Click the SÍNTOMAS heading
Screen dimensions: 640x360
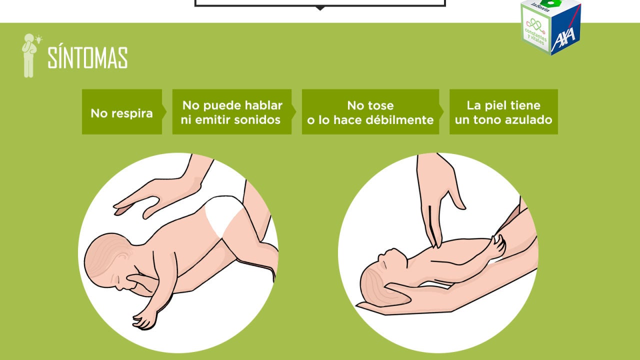click(87, 57)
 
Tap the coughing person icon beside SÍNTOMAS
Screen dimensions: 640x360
click(29, 55)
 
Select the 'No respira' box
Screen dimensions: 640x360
click(122, 111)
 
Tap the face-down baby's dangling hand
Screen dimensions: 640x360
click(144, 320)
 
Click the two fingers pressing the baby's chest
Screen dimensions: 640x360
click(432, 225)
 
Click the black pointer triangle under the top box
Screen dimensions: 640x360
click(320, 8)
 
